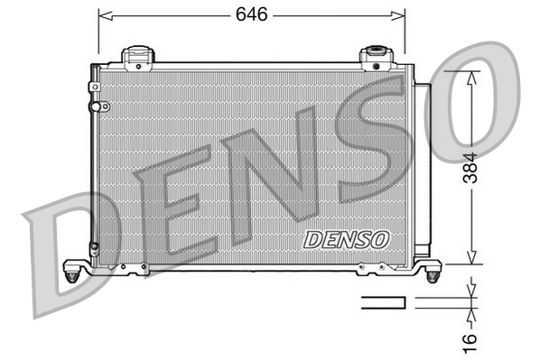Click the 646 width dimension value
tap(252, 14)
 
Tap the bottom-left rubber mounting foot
tap(74, 269)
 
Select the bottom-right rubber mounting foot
tap(433, 269)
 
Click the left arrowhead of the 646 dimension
tap(103, 15)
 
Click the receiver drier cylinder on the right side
tap(422, 171)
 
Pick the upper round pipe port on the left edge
tap(102, 106)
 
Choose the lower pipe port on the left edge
tap(93, 246)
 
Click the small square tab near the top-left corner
tap(94, 87)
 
